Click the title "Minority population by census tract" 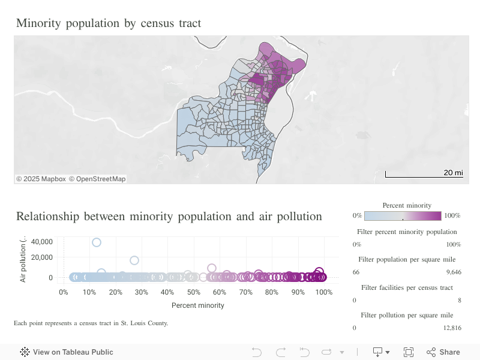(109, 23)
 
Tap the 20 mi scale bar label (453, 173)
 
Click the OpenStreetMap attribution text (97, 179)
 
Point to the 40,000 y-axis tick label (42, 242)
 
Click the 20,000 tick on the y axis (42, 258)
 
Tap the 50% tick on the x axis (193, 292)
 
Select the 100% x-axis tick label (324, 292)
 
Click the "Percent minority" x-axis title (198, 305)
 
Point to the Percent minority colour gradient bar (403, 216)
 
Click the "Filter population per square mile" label (407, 259)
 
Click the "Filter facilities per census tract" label (407, 287)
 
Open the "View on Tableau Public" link (73, 352)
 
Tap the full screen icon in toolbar (409, 352)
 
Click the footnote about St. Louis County (91, 323)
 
